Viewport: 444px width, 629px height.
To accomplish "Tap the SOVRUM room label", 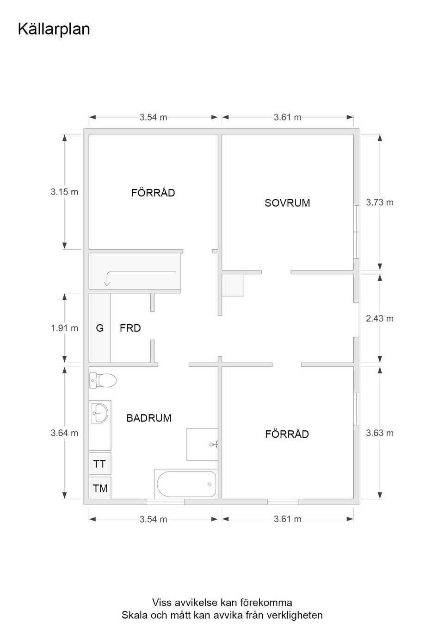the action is pos(287,203).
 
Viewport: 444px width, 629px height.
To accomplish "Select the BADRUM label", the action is pos(149,418).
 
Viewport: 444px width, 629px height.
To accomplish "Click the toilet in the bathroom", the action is pos(103,380).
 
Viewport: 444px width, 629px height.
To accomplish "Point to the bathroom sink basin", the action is pos(100,413).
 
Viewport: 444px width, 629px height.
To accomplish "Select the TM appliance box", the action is pos(100,488).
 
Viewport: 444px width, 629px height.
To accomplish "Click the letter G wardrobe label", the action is pos(100,328).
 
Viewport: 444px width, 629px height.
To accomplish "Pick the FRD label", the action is pos(130,328).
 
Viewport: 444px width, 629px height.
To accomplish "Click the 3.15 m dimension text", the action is pos(64,192).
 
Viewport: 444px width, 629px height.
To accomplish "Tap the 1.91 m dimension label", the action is pos(64,328).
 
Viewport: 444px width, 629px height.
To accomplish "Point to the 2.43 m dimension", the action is pos(380,318).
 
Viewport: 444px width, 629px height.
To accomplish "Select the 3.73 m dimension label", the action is pos(380,202).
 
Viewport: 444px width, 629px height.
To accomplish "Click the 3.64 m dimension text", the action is pos(64,433).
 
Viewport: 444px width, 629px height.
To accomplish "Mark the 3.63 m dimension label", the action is pos(380,433).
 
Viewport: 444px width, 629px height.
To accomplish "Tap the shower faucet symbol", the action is pos(214,445).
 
